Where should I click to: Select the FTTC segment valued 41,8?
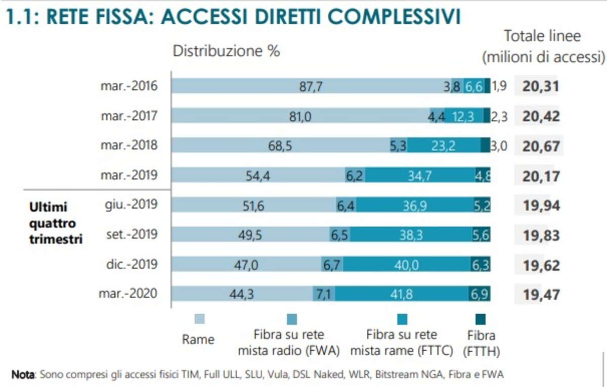point(402,295)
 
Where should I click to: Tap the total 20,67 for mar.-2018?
point(540,146)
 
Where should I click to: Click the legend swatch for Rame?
point(200,319)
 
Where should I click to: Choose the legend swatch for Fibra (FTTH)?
point(481,319)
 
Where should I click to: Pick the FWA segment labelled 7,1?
point(322,295)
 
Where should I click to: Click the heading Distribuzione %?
point(226,51)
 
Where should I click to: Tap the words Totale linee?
point(542,36)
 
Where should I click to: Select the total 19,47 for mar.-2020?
point(540,295)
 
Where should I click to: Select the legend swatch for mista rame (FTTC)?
point(402,319)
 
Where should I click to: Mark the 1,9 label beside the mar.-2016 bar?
point(499,86)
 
